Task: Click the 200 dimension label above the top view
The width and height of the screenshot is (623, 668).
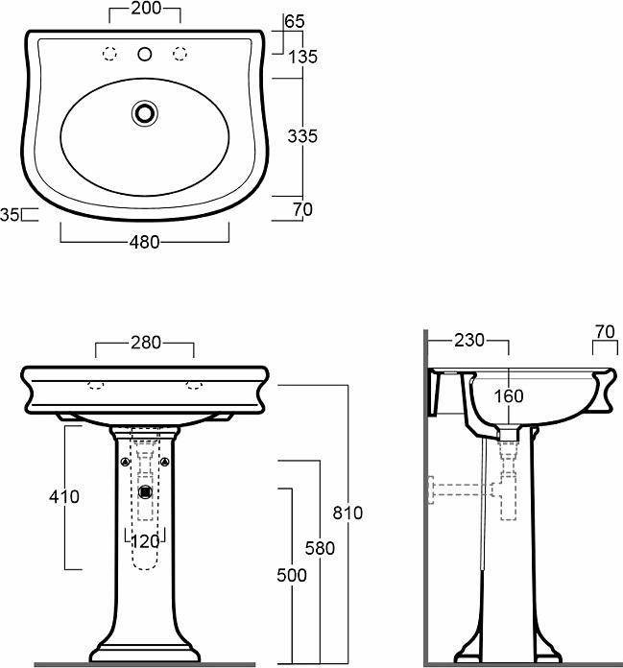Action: pyautogui.click(x=146, y=8)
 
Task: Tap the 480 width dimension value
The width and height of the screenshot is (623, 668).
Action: pyautogui.click(x=144, y=242)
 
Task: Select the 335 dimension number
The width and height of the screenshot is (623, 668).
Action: pyautogui.click(x=302, y=136)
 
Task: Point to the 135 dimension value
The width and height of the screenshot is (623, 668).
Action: pyautogui.click(x=303, y=57)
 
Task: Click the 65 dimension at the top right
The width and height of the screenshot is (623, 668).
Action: pyautogui.click(x=295, y=21)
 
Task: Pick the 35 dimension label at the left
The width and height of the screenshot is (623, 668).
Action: pyautogui.click(x=10, y=215)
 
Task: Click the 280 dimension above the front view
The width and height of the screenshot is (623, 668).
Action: pyautogui.click(x=146, y=343)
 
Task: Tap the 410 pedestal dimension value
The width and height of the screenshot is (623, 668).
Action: pyautogui.click(x=64, y=497)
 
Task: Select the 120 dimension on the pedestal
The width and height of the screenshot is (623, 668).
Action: pyautogui.click(x=145, y=541)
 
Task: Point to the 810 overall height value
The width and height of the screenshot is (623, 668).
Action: pyautogui.click(x=347, y=513)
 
